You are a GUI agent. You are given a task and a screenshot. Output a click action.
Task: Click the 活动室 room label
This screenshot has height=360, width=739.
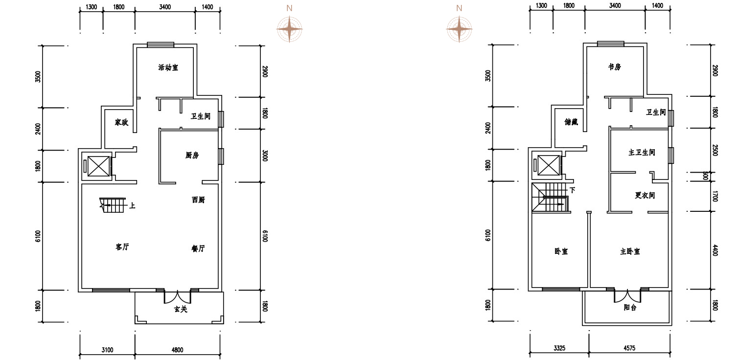click(x=168, y=67)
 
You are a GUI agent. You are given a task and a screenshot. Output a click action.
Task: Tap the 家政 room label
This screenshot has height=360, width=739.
click(x=121, y=122)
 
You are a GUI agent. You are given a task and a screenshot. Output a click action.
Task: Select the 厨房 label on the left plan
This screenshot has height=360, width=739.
click(x=192, y=155)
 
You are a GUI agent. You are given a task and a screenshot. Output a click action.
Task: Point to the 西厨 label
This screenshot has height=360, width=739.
click(x=198, y=200)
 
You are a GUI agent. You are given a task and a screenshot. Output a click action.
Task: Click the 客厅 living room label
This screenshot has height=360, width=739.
click(x=122, y=247)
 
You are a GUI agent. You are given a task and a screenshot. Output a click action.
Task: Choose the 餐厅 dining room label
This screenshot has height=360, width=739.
click(x=198, y=248)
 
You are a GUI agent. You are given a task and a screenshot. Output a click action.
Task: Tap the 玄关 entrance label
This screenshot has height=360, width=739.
click(x=181, y=309)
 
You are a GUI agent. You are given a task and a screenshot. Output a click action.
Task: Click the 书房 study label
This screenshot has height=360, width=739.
click(x=615, y=67)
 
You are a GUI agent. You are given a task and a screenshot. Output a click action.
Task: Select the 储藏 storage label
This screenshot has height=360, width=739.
click(x=571, y=122)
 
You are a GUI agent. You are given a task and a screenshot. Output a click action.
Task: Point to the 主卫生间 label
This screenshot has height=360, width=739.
click(x=642, y=152)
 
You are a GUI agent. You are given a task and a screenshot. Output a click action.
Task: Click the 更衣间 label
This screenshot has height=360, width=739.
click(x=645, y=196)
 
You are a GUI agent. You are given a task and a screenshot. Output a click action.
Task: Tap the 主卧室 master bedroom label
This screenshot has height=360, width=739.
click(x=630, y=251)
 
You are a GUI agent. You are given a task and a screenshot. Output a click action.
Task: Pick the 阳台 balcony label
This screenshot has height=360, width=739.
click(x=630, y=308)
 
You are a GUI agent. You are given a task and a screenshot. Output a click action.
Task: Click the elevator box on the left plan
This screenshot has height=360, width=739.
click(x=99, y=166)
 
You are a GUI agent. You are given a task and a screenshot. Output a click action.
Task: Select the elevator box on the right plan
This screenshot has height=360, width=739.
click(x=549, y=165)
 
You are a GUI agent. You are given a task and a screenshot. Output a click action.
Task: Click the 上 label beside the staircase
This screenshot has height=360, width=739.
click(x=132, y=206)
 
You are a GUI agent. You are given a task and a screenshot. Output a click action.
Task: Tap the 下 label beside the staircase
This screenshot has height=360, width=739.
click(x=573, y=190)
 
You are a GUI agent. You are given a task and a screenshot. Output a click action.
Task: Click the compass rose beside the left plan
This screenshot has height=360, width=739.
click(x=289, y=29)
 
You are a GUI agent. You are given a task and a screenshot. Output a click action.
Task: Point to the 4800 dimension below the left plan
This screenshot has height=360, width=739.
click(x=178, y=350)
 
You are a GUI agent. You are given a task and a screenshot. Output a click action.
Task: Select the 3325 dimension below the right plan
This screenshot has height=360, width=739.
click(x=559, y=348)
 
